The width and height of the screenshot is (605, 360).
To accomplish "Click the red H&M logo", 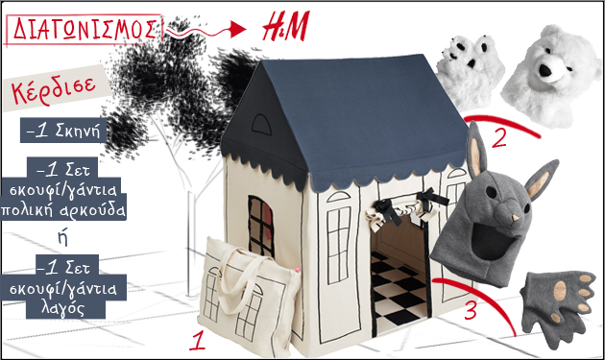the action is tap(285, 27).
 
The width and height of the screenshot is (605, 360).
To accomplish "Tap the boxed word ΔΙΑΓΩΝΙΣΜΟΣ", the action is tap(84, 29).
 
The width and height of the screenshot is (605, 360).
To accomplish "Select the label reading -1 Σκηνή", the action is tap(63, 131).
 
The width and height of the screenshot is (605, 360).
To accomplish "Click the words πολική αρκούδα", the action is tap(63, 210).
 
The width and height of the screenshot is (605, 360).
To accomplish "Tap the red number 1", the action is tap(198, 340).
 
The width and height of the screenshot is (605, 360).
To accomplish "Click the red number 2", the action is tap(498, 136).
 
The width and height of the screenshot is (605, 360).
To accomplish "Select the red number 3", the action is tap(471, 310).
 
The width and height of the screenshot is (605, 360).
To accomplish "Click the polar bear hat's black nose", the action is tap(544, 70).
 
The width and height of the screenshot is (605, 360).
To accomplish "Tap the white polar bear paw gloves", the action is tap(471, 71).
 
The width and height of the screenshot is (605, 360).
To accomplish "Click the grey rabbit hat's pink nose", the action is tap(516, 219).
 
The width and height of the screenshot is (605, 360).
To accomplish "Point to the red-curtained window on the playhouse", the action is tap(261, 227).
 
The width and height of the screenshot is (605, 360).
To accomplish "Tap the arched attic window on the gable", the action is tap(261, 124).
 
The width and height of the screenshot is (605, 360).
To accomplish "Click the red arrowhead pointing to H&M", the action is tap(238, 30).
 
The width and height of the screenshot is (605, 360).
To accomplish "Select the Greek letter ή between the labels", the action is tap(62, 238).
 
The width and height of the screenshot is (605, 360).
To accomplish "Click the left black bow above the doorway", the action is tap(387, 210).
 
